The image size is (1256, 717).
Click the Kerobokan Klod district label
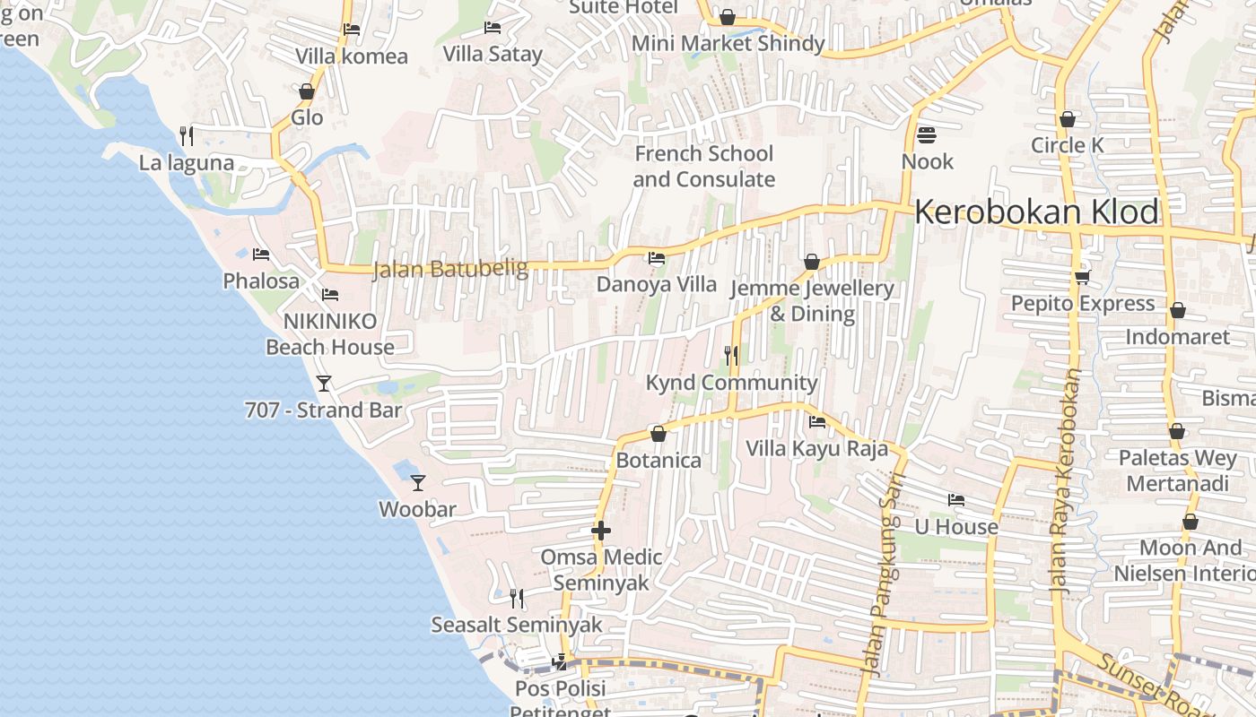1036,212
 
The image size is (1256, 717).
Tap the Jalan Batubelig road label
449,268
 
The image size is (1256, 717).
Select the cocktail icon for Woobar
418,483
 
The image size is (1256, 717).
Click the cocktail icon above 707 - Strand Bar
324,384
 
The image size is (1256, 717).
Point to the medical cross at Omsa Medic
601,531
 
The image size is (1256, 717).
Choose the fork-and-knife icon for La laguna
187,136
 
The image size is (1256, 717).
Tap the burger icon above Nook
927,135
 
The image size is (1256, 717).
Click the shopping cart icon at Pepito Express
1083,277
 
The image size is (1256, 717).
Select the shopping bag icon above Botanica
659,434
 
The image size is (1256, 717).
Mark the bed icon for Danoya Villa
657,259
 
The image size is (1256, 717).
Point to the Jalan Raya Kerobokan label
1066,484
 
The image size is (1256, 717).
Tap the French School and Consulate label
703,167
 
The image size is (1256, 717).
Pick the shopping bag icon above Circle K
1068,119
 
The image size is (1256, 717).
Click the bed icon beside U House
956,500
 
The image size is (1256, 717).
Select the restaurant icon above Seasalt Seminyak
517,598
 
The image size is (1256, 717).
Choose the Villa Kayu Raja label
816,449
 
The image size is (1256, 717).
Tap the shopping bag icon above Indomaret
1178,311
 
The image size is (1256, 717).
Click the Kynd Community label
732,384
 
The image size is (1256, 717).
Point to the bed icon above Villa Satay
493,28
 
